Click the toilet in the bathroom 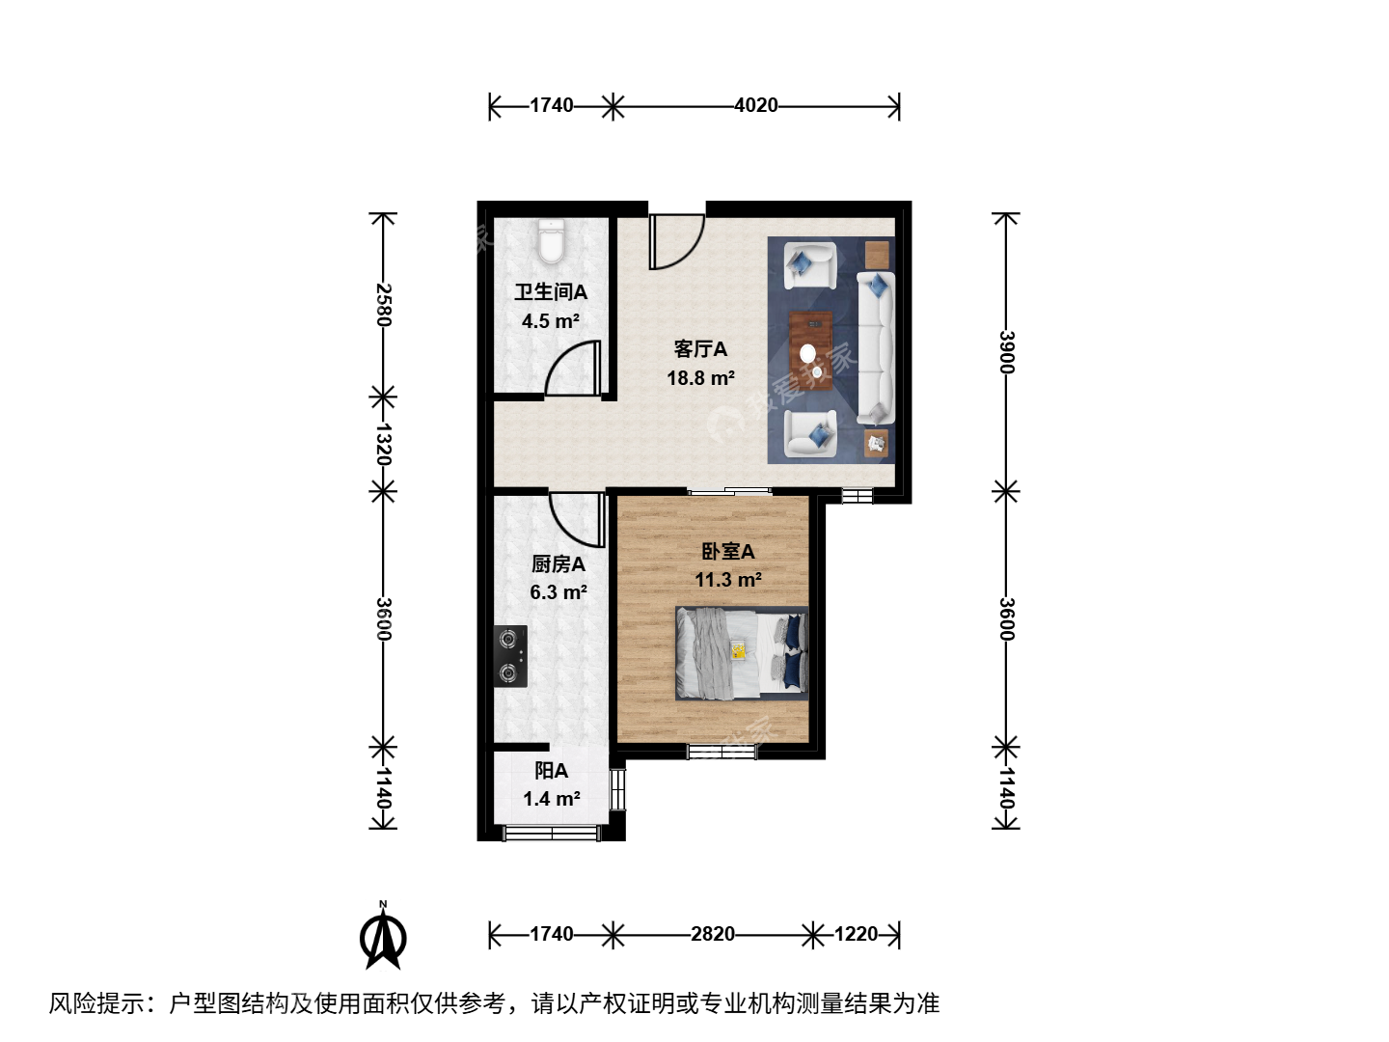pos(551,241)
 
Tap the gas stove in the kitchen pos(510,656)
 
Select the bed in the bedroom pos(742,653)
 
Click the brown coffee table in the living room pos(810,349)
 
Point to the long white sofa pos(876,348)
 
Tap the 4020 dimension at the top pos(755,105)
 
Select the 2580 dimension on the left pos(384,305)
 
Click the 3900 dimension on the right pos(1006,352)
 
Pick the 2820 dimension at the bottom pos(713,934)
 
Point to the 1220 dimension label pos(856,934)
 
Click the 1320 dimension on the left pos(384,444)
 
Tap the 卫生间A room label pos(551,291)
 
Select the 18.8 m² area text pos(700,377)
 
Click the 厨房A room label pos(558,563)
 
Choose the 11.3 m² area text pos(727,580)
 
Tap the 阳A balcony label pos(551,771)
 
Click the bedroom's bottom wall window pos(722,752)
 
